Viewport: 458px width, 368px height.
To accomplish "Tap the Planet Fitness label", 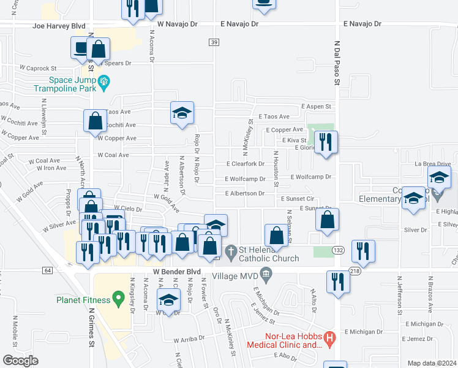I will coord(83,300).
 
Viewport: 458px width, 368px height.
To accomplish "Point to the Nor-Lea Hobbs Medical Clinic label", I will coord(284,340).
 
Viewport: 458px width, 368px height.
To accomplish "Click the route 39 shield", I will coord(213,42).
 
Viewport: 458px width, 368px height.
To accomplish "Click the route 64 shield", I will coord(47,270).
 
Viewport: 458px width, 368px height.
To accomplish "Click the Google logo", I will coord(21,361).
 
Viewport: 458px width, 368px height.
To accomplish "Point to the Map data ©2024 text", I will coord(432,363).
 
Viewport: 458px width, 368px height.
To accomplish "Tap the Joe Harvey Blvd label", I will coord(59,26).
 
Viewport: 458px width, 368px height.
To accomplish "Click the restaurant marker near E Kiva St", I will coord(326,142).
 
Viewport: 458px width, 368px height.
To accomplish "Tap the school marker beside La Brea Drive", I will coord(439,178).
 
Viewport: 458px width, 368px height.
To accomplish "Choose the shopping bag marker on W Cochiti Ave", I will coord(95,121).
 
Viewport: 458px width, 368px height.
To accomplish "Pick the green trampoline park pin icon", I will coord(104,80).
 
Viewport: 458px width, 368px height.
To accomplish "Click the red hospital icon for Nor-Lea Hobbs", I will coord(329,337).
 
